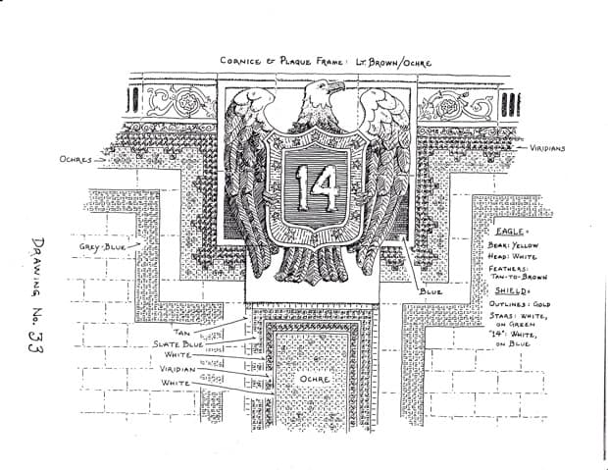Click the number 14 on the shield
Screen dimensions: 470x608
click(x=317, y=187)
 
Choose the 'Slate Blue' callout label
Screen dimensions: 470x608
click(x=177, y=344)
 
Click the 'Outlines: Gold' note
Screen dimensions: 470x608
click(x=519, y=305)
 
